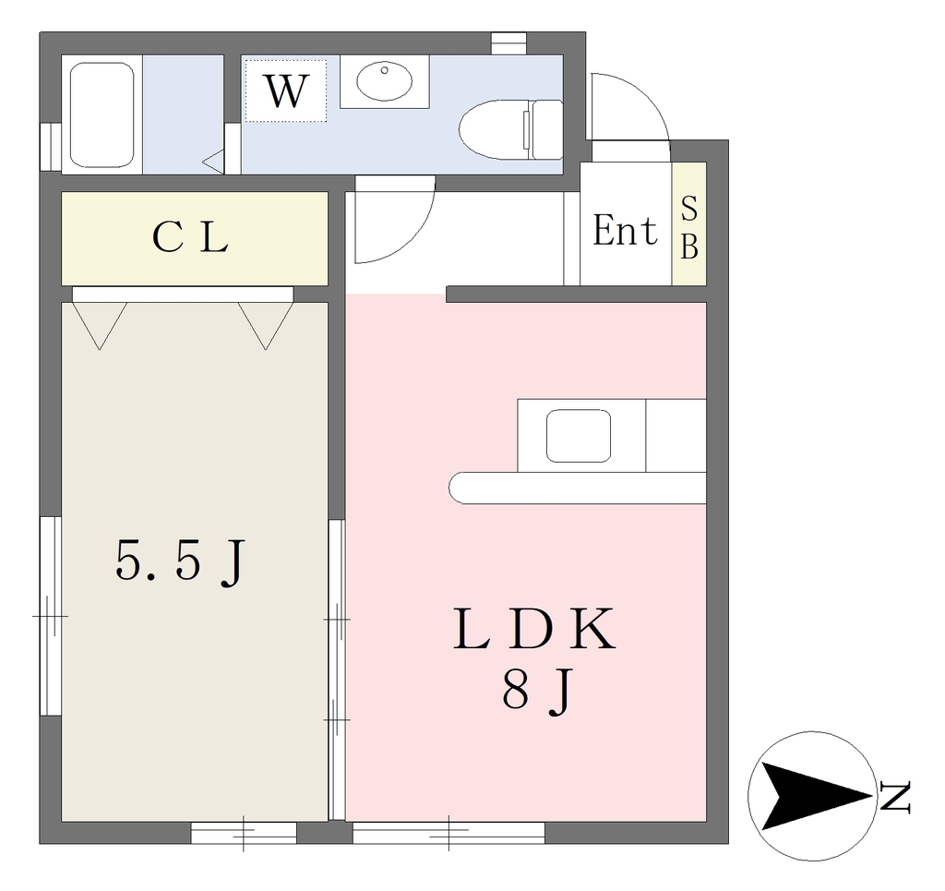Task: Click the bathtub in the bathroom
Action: tap(102, 114)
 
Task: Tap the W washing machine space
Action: tap(286, 90)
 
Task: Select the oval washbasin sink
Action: tap(384, 80)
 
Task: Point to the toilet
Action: tap(510, 129)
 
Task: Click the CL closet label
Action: tap(190, 237)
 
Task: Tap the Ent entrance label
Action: tap(625, 230)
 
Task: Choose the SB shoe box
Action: tap(689, 223)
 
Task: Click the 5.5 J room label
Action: tap(181, 561)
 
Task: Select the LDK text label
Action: tap(534, 629)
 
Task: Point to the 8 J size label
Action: tap(536, 691)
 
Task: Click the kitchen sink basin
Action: tap(578, 436)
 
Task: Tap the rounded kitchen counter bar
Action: tap(578, 488)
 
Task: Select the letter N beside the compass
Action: tap(894, 797)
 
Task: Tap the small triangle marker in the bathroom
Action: tap(213, 162)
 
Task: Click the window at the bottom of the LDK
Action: tap(449, 833)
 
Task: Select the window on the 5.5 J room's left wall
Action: tap(51, 616)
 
